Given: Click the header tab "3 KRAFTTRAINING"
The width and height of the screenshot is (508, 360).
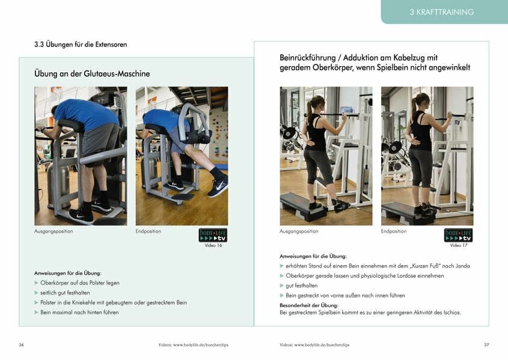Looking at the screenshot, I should pos(441,12).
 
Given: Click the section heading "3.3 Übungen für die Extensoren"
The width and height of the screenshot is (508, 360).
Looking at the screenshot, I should pos(81,45).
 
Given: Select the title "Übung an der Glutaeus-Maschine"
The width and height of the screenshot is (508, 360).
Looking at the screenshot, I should pos(92,73).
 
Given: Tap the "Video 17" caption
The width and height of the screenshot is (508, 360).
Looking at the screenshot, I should pos(458,245).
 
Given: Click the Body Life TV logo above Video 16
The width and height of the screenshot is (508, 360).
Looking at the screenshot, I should pos(213,235).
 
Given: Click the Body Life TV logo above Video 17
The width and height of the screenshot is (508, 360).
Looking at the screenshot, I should pos(458,235).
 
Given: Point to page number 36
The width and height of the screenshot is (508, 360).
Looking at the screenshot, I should pos(22,345).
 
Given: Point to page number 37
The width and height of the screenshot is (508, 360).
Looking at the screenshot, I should pos(486,345).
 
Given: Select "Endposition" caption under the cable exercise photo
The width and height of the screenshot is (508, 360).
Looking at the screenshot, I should pos(394,231).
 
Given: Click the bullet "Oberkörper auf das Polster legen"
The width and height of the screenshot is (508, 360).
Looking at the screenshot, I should pos(80,282).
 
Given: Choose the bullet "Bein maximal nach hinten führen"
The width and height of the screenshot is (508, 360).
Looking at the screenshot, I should pos(79,313).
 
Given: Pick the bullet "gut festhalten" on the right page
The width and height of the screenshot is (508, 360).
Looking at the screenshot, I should pos(302,285).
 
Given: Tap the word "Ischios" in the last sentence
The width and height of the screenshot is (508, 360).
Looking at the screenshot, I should pos(449,313).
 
